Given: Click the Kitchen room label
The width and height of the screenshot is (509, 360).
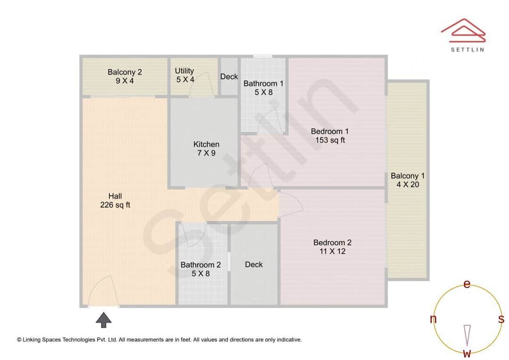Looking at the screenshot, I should click(x=206, y=144).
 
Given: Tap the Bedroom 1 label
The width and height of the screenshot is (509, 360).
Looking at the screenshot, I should click(x=330, y=131).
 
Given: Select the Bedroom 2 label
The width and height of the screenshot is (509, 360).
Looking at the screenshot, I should click(x=332, y=243).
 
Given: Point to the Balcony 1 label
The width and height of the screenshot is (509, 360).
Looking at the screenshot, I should click(x=408, y=176).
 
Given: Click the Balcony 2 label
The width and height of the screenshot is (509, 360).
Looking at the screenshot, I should click(x=125, y=72).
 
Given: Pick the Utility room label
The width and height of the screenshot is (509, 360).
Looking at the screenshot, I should click(x=185, y=71).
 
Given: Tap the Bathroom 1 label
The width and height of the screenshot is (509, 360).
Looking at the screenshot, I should click(x=263, y=84).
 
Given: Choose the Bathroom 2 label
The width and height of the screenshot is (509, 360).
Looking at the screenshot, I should click(x=201, y=265).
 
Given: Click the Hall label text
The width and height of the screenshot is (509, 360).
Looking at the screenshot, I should click(x=115, y=196).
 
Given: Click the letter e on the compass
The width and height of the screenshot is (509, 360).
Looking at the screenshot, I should click(x=467, y=284).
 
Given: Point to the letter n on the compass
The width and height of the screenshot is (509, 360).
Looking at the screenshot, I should click(x=433, y=319).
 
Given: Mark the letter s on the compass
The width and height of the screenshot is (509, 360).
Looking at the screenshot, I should click(x=501, y=319).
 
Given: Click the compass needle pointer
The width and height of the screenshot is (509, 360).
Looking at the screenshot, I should click(x=467, y=335).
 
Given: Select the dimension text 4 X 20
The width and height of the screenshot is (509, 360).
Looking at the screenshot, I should click(x=408, y=185).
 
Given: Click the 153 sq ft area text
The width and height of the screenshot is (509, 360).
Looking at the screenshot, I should click(x=330, y=140).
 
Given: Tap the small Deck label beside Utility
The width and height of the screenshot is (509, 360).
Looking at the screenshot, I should click(x=229, y=76).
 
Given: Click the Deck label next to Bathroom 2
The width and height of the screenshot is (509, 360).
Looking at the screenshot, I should click(x=254, y=264).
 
